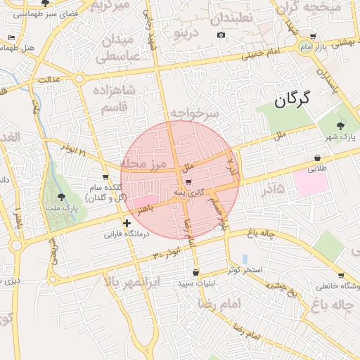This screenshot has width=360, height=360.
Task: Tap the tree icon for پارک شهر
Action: coord(341,126)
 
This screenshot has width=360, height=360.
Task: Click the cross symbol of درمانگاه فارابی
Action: coord(126,224)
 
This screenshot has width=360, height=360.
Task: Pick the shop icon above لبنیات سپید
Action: coord(195,272)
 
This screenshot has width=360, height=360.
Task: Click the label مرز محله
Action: coord(143,164)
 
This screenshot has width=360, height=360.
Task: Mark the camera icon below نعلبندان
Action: coord(221,35)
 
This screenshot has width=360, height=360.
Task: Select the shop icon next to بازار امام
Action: coord(313,37)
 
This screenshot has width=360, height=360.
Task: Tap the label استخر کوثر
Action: coord(245,270)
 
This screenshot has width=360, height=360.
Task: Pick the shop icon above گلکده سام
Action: coord(105,177)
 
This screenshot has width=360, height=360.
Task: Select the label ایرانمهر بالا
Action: coord(132,282)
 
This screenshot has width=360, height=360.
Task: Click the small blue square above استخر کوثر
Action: coord(245,259)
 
